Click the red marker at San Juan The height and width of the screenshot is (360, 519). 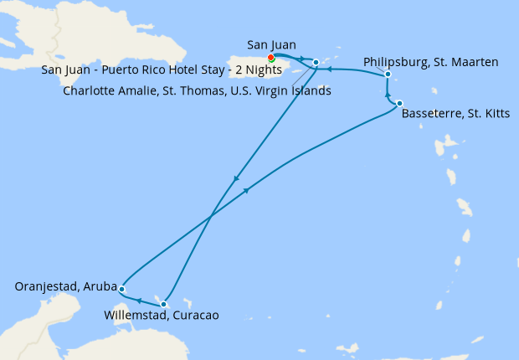(270, 58)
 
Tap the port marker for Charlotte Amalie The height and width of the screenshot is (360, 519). (316, 63)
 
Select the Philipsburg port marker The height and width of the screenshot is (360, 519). (388, 75)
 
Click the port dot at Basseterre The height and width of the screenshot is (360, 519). (400, 103)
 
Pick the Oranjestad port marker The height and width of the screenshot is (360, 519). (122, 289)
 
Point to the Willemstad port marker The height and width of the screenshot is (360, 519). (165, 304)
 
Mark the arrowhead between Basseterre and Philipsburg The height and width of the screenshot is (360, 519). (388, 94)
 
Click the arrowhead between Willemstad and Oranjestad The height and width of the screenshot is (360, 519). (139, 300)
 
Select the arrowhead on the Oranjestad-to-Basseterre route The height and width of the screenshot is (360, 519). (246, 191)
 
